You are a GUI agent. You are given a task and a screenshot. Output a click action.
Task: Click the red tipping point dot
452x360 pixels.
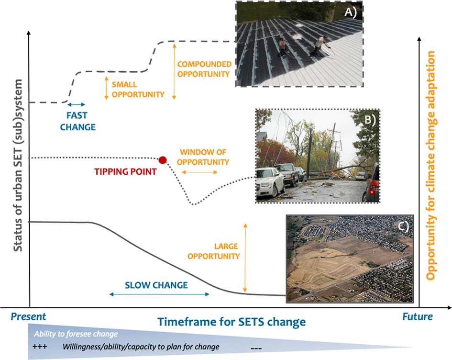tap(163, 160)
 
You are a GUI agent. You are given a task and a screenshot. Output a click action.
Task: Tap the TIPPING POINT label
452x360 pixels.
tap(125, 172)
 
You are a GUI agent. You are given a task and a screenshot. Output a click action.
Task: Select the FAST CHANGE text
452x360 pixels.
tap(77, 121)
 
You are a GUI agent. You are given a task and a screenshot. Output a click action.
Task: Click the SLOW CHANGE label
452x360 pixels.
tap(156, 285)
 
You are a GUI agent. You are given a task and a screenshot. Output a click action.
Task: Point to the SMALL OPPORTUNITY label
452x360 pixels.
tap(138, 90)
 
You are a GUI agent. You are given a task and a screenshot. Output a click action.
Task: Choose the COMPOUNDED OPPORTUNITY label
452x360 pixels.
tap(204, 69)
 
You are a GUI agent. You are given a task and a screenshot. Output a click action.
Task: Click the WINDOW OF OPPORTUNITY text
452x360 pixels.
tap(203, 157)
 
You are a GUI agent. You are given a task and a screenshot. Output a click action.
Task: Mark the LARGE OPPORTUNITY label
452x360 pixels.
tap(214, 251)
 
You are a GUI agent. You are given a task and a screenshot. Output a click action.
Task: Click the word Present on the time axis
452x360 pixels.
tap(28, 317)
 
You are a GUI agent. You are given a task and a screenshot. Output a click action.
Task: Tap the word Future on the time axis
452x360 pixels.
tap(418, 317)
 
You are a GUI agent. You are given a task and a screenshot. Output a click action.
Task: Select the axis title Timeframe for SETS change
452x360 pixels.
tap(232, 322)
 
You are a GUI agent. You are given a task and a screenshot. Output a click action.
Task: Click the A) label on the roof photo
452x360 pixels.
tap(351, 12)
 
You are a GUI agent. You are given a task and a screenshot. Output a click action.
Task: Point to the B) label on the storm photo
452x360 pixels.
tap(370, 120)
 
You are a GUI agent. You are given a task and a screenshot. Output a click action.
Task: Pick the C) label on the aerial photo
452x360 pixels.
tap(404, 227)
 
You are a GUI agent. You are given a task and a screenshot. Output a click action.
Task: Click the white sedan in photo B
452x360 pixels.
tap(270, 182)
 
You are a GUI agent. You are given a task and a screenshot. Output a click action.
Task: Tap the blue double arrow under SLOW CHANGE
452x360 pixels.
tap(159, 294)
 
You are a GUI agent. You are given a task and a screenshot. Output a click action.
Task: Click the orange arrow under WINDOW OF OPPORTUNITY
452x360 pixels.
tap(199, 172)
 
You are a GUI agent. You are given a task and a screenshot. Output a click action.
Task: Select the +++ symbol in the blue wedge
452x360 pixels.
tap(40, 347)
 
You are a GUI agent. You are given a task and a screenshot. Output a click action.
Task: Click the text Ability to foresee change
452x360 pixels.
tap(76, 334)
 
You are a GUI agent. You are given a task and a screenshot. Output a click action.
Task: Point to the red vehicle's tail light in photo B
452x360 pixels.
tap(372, 191)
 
